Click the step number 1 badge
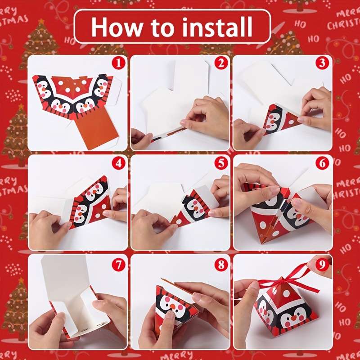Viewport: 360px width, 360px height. coord(118,63)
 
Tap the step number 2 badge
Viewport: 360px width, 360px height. coord(220,63)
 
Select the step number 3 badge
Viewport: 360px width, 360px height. coord(322,63)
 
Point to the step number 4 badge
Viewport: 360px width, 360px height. coord(118,163)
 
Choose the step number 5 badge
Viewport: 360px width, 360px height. coord(220,163)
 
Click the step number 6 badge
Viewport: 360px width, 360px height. coord(322,163)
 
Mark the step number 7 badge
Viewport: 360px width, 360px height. coord(118,264)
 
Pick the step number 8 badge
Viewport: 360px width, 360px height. coord(220,264)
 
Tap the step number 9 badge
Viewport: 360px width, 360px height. coord(322,264)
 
